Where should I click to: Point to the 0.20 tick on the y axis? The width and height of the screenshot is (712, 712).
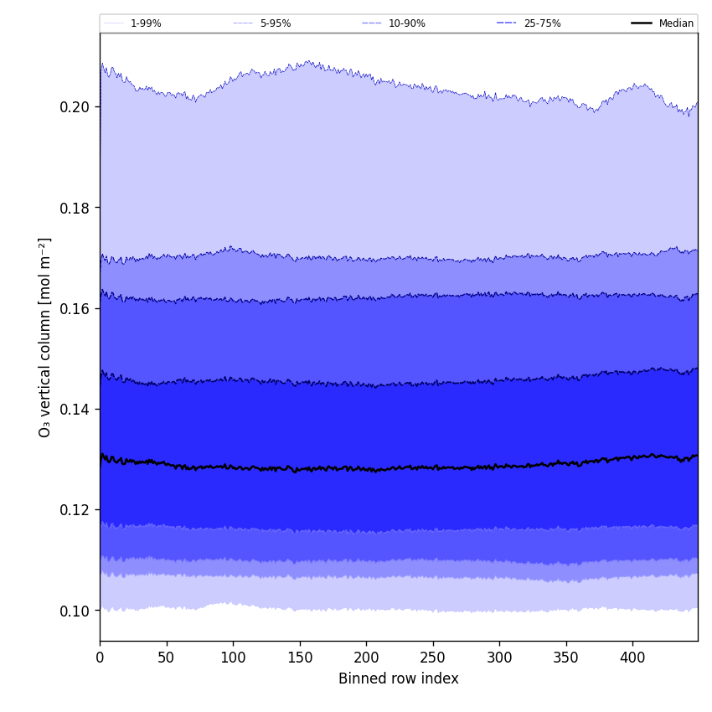coord(76,107)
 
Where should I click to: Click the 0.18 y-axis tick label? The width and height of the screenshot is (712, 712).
coord(76,208)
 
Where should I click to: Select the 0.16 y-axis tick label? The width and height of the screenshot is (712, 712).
coord(76,308)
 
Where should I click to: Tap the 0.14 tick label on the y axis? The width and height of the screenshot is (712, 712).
coord(76,410)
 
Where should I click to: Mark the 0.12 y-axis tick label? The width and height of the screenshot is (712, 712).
coord(76,510)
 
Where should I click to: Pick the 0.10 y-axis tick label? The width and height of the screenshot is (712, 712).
coord(76,611)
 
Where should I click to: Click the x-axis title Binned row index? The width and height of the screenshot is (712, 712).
coord(399,678)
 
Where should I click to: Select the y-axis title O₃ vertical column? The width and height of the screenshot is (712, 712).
coord(45,337)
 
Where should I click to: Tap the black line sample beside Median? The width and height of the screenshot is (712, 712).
coord(642,23)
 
